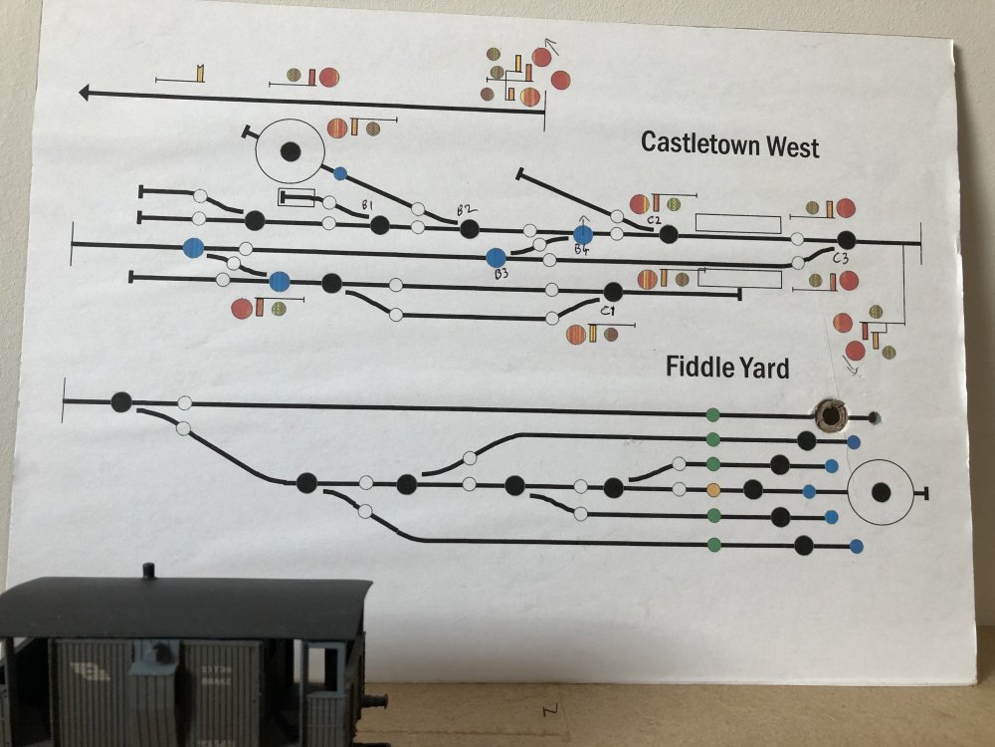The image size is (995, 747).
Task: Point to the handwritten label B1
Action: pyautogui.click(x=368, y=205)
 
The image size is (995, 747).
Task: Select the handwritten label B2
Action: pyautogui.click(x=463, y=209)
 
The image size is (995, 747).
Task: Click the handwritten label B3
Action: pyautogui.click(x=501, y=274)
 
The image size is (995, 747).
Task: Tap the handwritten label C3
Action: pyautogui.click(x=841, y=259)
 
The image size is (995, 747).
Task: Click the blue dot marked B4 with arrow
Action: pyautogui.click(x=583, y=234)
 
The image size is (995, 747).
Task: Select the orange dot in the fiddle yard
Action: pyautogui.click(x=712, y=489)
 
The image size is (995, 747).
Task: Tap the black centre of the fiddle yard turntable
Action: pyautogui.click(x=881, y=492)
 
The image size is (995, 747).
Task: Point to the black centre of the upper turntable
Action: pyautogui.click(x=290, y=151)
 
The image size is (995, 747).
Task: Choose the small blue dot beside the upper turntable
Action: pyautogui.click(x=340, y=173)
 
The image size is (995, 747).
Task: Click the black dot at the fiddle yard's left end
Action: pyautogui.click(x=121, y=402)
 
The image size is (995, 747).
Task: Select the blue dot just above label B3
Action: pyautogui.click(x=496, y=258)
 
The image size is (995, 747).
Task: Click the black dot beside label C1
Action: pyautogui.click(x=613, y=291)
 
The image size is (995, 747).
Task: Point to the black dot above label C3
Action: pyautogui.click(x=846, y=240)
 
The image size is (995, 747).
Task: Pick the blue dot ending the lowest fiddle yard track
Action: pyautogui.click(x=856, y=546)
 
